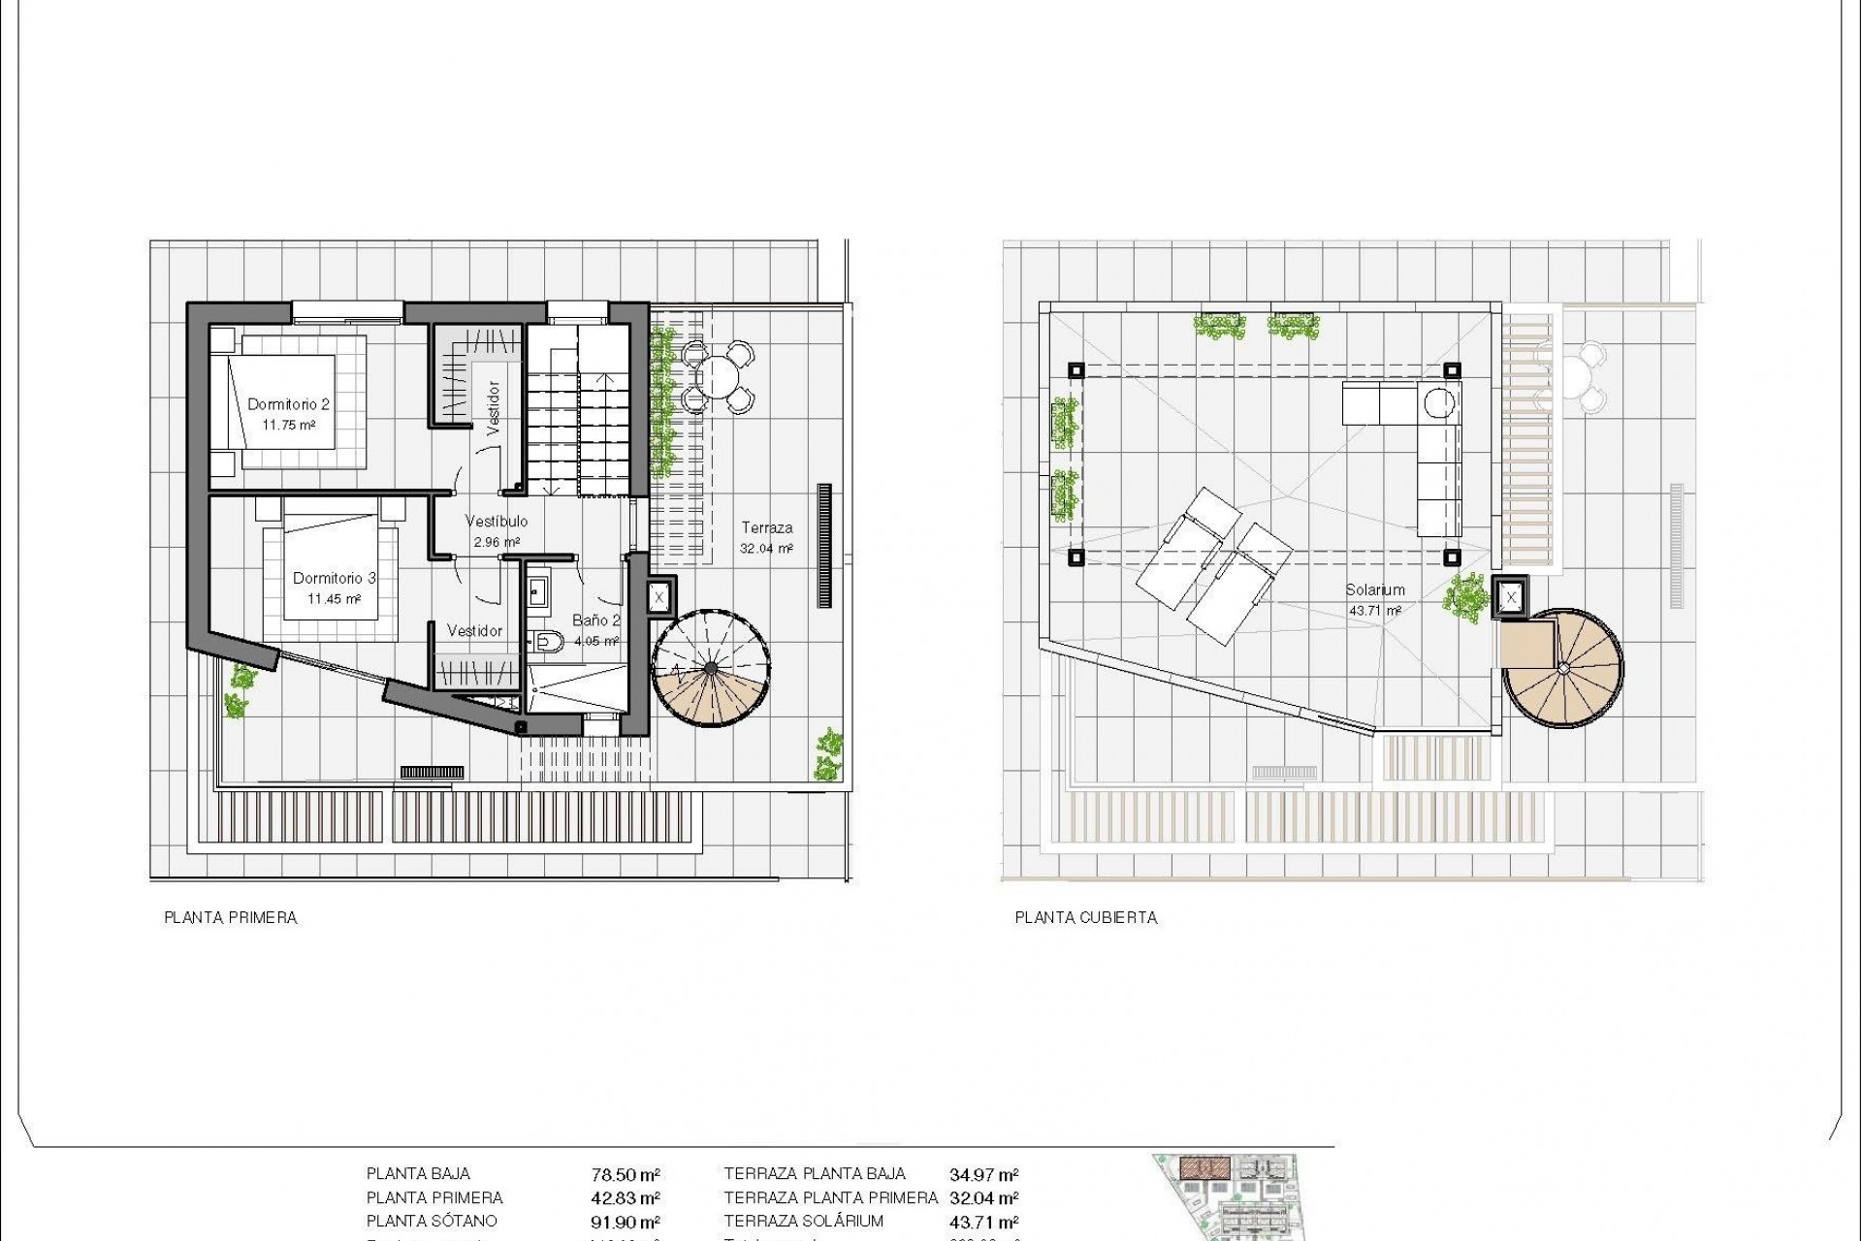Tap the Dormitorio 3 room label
334,579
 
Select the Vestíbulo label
496,522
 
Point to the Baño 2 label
595,620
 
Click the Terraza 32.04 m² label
766,528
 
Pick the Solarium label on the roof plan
1374,589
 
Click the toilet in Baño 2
547,640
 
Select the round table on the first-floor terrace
719,374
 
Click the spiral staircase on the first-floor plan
713,669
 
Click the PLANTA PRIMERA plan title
231,917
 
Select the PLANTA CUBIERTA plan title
1086,917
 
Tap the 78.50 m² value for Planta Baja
626,1175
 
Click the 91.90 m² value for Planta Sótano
626,1223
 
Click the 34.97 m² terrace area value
983,1175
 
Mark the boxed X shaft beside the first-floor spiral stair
659,597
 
